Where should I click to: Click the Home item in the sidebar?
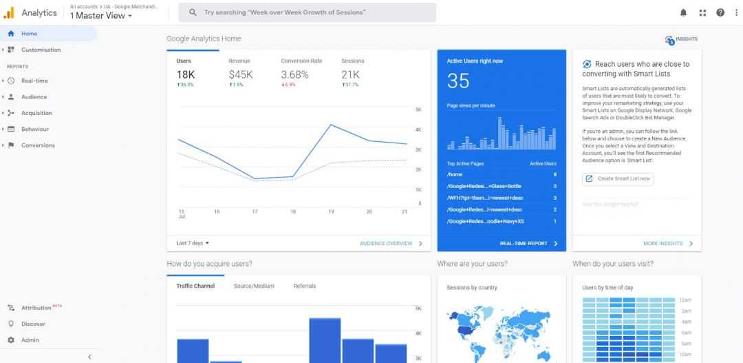[x=29, y=34]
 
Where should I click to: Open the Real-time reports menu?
[x=34, y=81]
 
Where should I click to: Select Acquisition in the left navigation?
[x=36, y=113]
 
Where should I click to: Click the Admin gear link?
[x=30, y=340]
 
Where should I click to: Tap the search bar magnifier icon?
[x=193, y=12]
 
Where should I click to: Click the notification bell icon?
[x=683, y=12]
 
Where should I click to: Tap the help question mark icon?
[x=720, y=12]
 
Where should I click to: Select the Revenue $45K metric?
[x=241, y=74]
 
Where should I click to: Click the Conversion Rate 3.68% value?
[x=294, y=74]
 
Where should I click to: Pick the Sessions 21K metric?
[x=350, y=74]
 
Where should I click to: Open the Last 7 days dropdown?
[x=193, y=243]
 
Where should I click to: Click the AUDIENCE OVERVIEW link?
[x=387, y=244]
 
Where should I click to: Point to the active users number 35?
[x=458, y=81]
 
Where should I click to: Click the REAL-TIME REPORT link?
[x=524, y=244]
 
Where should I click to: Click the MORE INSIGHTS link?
[x=663, y=244]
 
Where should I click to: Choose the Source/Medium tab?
[x=254, y=286]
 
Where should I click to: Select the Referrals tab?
[x=305, y=286]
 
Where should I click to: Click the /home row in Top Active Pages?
[x=455, y=175]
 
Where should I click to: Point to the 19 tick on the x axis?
[x=331, y=211]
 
